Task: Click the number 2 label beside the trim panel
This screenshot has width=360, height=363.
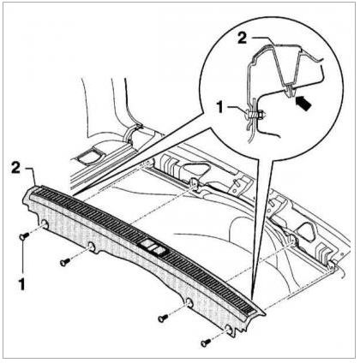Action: click(15, 168)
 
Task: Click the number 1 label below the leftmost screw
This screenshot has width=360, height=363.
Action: click(22, 284)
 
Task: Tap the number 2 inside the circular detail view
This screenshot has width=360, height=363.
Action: click(243, 38)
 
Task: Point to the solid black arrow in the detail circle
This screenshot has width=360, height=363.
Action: click(303, 104)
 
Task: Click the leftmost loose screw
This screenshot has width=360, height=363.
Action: click(24, 236)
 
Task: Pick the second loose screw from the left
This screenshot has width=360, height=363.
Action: click(65, 261)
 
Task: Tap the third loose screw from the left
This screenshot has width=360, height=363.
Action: click(163, 318)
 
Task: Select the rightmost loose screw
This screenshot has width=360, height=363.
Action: click(206, 342)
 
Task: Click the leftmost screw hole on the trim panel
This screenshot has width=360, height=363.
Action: click(45, 224)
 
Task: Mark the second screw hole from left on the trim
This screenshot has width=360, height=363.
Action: click(92, 247)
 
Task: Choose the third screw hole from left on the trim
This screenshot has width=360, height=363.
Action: click(189, 302)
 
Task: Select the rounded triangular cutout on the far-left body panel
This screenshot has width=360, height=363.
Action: click(90, 156)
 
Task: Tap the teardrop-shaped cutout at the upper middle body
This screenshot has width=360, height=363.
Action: click(196, 168)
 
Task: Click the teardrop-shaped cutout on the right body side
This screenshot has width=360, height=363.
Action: click(305, 232)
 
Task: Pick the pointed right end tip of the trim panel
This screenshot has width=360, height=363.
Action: click(264, 315)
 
